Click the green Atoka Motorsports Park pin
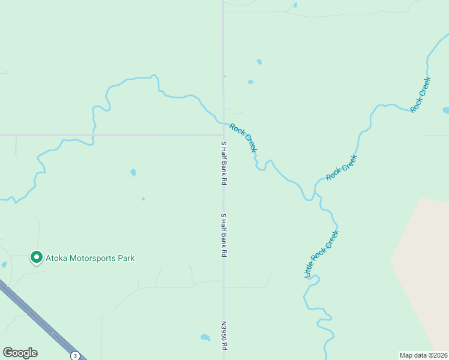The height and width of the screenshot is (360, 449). [36, 257]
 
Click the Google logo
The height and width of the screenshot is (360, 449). [20, 353]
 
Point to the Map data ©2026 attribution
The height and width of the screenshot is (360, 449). [423, 355]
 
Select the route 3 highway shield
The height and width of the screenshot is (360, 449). [75, 355]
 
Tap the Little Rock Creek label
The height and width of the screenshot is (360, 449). [322, 254]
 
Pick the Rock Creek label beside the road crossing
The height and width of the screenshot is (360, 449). [243, 138]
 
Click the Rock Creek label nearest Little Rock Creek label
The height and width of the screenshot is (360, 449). [342, 167]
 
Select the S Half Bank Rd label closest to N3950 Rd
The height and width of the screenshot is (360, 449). [223, 235]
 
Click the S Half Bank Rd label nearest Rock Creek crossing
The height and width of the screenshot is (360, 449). [223, 163]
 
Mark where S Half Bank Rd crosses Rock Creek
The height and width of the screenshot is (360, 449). [223, 123]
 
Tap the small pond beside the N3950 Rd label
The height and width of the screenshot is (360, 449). [205, 338]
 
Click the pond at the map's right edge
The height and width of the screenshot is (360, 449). [445, 110]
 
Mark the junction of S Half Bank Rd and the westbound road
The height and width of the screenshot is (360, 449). [223, 135]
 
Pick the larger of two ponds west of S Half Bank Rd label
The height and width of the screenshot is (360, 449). [133, 173]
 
